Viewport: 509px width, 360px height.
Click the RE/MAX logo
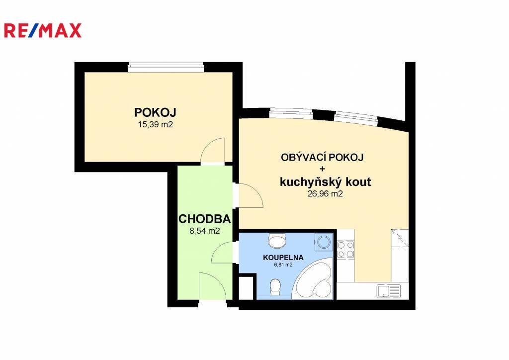[43, 30]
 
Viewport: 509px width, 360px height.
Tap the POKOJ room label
[155, 113]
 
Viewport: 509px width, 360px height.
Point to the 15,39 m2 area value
[155, 124]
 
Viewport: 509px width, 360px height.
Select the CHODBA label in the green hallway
[204, 219]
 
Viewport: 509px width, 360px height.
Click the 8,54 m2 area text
[204, 231]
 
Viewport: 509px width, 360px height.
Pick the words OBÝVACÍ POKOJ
[322, 158]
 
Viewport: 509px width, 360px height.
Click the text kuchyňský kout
[325, 182]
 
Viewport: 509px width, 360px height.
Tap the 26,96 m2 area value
[325, 194]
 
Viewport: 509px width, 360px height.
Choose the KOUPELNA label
[283, 258]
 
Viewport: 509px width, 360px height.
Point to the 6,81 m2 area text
[283, 265]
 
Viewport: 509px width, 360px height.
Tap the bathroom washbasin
[277, 241]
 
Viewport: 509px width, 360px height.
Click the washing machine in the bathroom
[323, 242]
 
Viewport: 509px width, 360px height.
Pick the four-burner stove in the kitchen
[345, 250]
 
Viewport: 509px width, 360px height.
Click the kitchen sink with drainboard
[389, 291]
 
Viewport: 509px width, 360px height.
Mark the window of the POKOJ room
[166, 67]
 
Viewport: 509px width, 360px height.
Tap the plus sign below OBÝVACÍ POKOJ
[322, 169]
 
